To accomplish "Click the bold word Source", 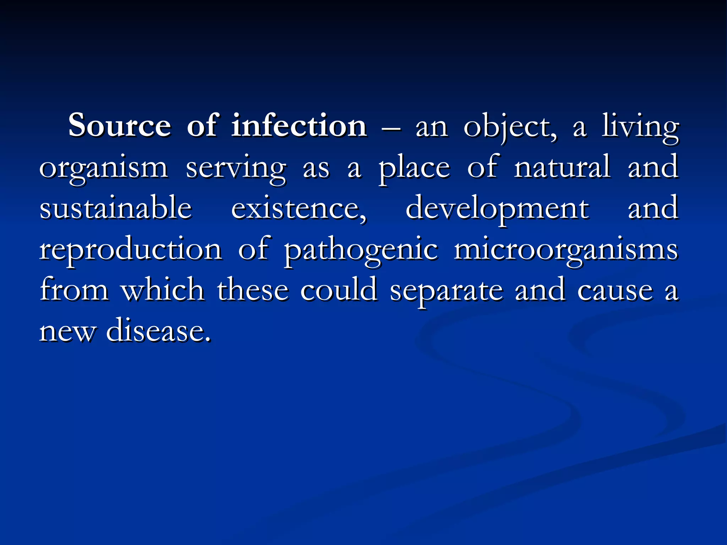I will pyautogui.click(x=120, y=126).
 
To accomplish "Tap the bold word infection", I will pyautogui.click(x=299, y=126).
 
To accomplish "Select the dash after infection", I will pyautogui.click(x=391, y=128).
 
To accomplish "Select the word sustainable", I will pyautogui.click(x=116, y=208).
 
